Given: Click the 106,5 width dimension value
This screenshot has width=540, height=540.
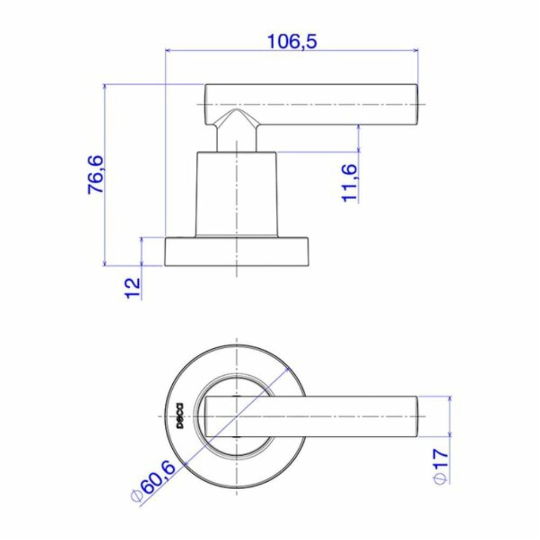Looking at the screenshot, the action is [x=292, y=42].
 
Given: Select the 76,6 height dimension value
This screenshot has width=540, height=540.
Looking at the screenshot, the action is [x=96, y=174].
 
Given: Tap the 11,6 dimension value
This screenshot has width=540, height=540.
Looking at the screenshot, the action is [x=349, y=183].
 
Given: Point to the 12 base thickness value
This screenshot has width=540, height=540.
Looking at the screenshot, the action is [x=133, y=288].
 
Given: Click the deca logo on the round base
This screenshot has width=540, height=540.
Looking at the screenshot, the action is [x=180, y=416].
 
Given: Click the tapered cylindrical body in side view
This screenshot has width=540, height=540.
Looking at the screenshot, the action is [x=237, y=194].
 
